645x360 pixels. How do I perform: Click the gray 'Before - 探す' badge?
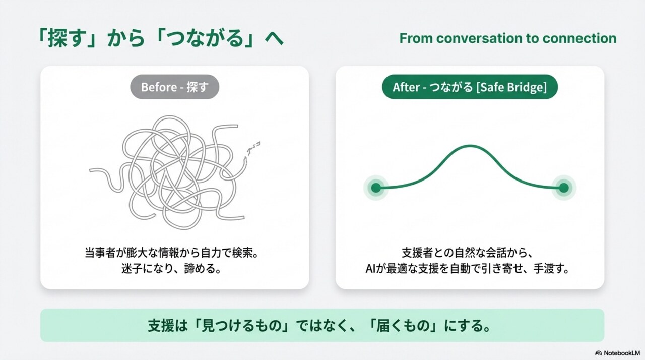point(175,87)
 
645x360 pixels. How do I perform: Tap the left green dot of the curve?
point(375,188)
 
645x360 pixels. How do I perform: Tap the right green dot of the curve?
point(564,188)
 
